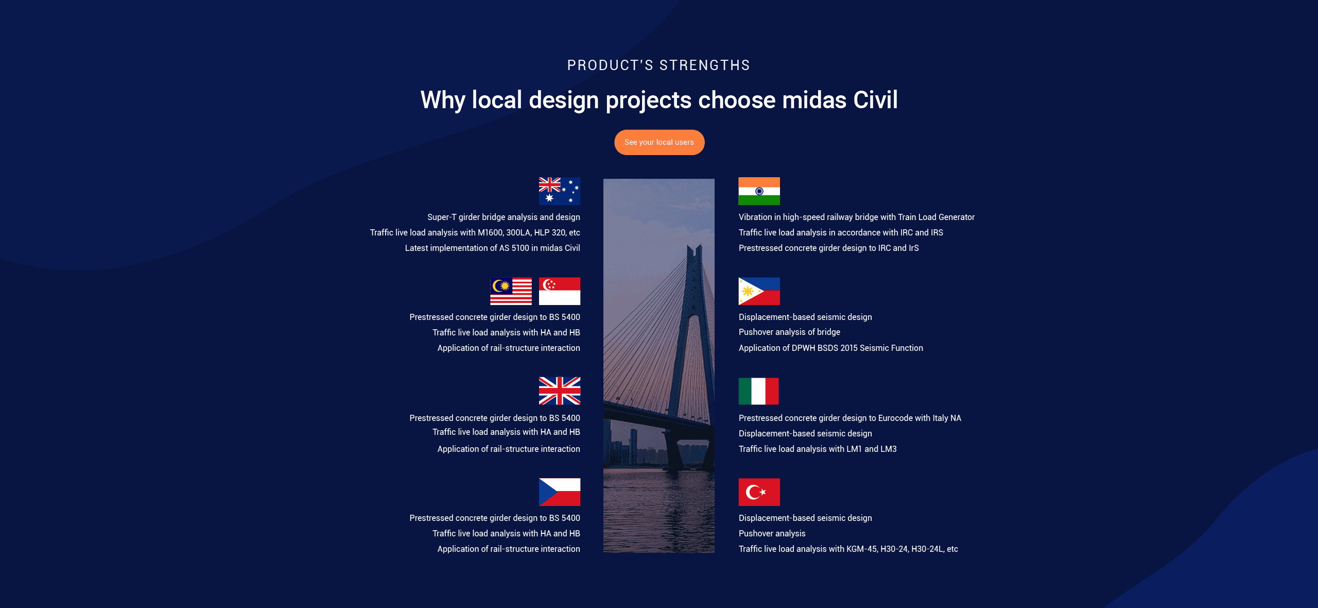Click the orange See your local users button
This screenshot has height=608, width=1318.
tap(659, 142)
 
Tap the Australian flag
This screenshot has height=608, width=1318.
tap(559, 191)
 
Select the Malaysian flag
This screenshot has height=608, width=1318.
tap(511, 291)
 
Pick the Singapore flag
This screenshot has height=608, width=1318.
tap(559, 291)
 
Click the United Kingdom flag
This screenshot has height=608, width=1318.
tap(559, 391)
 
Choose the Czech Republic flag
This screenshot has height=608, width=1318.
tap(559, 492)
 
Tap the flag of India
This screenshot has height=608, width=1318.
tap(759, 191)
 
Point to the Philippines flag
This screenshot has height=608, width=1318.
tap(759, 291)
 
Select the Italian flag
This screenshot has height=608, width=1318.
tap(758, 391)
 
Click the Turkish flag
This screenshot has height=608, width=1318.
tap(759, 492)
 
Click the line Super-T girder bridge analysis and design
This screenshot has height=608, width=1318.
tap(504, 217)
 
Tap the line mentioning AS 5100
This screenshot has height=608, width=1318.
tap(492, 248)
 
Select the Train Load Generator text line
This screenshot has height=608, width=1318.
tap(856, 217)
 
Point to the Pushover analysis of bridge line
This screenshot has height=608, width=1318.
tap(789, 332)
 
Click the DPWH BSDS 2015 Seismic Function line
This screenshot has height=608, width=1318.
tap(830, 348)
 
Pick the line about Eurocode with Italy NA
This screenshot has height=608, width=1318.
tap(849, 418)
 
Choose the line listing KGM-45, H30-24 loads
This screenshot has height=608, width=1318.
tap(848, 549)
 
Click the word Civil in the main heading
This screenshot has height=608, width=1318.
tap(875, 100)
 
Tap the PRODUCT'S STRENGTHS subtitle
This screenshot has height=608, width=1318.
tap(658, 65)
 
